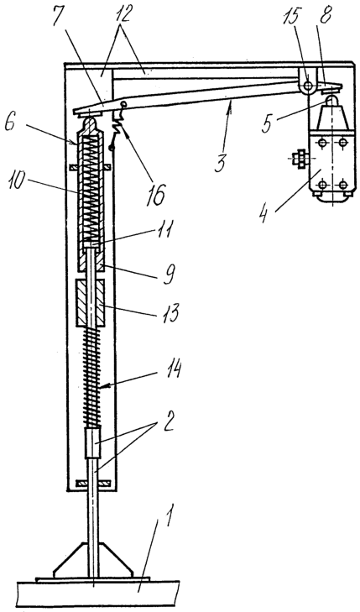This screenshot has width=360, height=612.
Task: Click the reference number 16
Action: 156,196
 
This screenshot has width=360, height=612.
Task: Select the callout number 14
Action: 171,370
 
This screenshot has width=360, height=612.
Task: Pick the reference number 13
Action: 171,312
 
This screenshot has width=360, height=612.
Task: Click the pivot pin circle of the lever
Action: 308,86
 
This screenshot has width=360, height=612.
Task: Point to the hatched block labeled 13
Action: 90,303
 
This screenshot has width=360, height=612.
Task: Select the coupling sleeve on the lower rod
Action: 92,442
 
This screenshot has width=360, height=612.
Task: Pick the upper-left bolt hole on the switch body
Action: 321,144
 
